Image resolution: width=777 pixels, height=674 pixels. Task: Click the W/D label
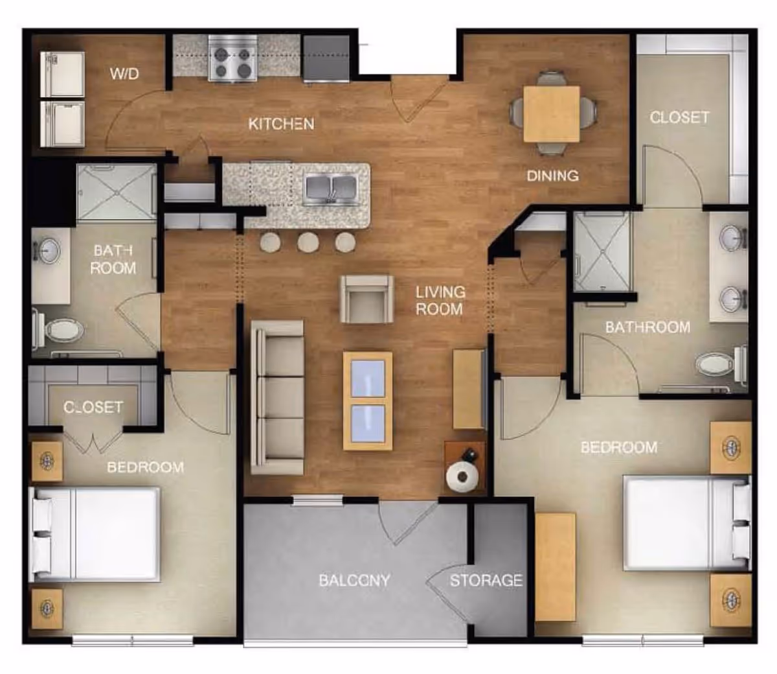(x=124, y=74)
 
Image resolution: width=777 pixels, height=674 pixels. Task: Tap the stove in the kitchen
(x=232, y=58)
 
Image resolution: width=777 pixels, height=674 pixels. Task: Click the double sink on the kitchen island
(x=330, y=190)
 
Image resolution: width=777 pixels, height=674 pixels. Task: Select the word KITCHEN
(x=281, y=124)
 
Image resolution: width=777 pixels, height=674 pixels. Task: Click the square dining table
(x=552, y=114)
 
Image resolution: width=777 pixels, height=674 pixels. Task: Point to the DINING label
(x=552, y=176)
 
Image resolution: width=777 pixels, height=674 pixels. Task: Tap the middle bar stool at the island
(x=308, y=242)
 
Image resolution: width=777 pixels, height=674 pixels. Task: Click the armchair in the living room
(x=367, y=299)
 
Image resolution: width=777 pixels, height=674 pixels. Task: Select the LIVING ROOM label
(x=440, y=300)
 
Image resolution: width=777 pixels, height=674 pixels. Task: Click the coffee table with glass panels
(x=368, y=401)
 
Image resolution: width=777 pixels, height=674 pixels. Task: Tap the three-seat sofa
(x=277, y=397)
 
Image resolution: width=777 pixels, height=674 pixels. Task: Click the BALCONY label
(x=354, y=580)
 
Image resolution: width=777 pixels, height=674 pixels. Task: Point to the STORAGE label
(x=486, y=580)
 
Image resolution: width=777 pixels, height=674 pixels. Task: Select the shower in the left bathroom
(x=117, y=192)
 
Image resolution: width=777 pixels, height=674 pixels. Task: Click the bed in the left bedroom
(x=94, y=535)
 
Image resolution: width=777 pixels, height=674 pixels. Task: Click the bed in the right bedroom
(x=687, y=524)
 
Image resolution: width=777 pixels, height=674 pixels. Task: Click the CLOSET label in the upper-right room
(x=680, y=117)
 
